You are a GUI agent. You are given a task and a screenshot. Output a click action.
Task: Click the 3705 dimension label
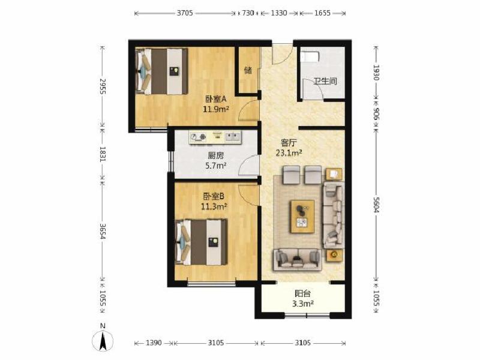coord(185,13)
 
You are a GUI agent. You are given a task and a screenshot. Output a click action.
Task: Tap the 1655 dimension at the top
coord(322,13)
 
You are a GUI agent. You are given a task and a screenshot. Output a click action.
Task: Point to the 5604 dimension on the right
coord(376,205)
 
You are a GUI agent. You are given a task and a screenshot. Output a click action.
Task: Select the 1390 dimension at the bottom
coord(154,343)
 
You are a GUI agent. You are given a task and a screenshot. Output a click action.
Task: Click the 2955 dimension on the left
coord(103,86)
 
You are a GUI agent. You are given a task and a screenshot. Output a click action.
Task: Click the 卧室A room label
coord(216,99)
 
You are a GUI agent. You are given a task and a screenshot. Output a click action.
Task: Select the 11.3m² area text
coord(214,207)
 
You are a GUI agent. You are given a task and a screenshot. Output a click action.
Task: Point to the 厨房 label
coord(216,155)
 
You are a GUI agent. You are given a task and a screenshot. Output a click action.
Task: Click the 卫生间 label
coord(325,81)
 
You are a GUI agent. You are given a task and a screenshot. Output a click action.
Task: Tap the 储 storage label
coord(248,70)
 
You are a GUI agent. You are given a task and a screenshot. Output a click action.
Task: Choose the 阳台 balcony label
coord(303,293)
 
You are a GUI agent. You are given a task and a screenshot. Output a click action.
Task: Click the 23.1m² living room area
coord(289,153)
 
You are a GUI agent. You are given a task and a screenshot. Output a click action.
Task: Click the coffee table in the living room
coord(302,217)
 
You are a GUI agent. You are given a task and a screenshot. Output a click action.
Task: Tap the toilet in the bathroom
coord(310,57)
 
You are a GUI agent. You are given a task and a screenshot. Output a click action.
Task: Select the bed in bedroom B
coord(202,242)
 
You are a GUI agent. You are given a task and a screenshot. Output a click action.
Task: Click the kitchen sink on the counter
coord(233,136)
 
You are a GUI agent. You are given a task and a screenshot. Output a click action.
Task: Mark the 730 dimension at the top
coord(248,13)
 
